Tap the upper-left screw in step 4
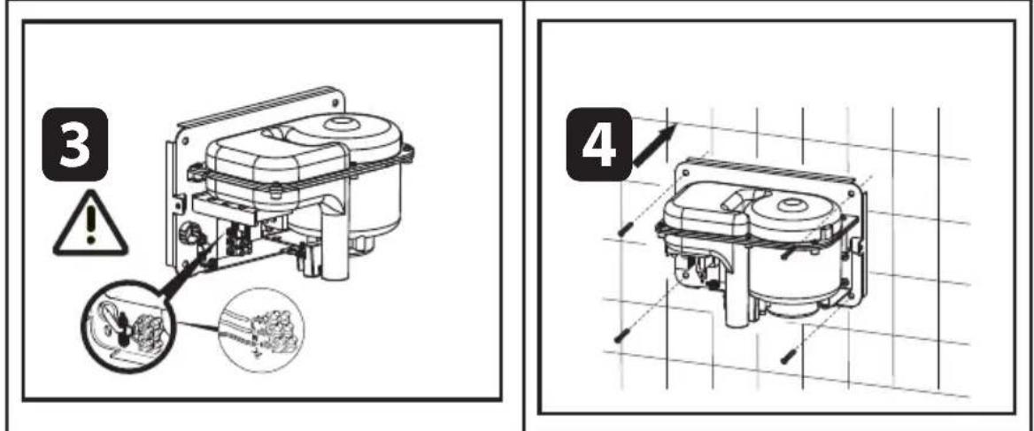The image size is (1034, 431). tap(626, 228)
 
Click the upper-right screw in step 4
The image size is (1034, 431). tap(787, 253)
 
